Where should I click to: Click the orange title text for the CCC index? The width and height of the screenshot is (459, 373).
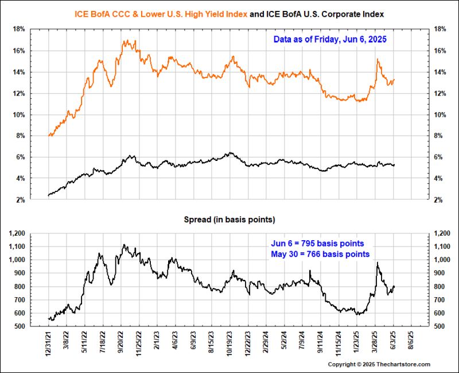tap(161, 13)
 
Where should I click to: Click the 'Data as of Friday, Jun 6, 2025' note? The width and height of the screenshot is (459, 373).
tap(330, 40)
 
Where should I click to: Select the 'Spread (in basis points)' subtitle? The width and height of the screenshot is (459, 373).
tap(229, 220)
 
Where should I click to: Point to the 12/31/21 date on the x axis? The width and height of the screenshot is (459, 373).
tap(49, 343)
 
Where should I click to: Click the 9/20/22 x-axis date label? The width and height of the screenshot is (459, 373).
tap(122, 343)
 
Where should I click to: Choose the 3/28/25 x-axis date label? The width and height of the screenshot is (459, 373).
tap(375, 343)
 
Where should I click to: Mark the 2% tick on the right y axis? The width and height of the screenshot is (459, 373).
tap(439, 199)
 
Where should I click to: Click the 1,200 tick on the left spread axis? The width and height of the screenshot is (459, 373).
tap(15, 233)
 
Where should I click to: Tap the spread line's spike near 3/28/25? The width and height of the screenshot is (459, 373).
tap(378, 263)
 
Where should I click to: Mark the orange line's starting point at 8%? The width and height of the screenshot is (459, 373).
tap(49, 136)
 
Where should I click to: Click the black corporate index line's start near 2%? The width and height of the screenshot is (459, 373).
tap(49, 195)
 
